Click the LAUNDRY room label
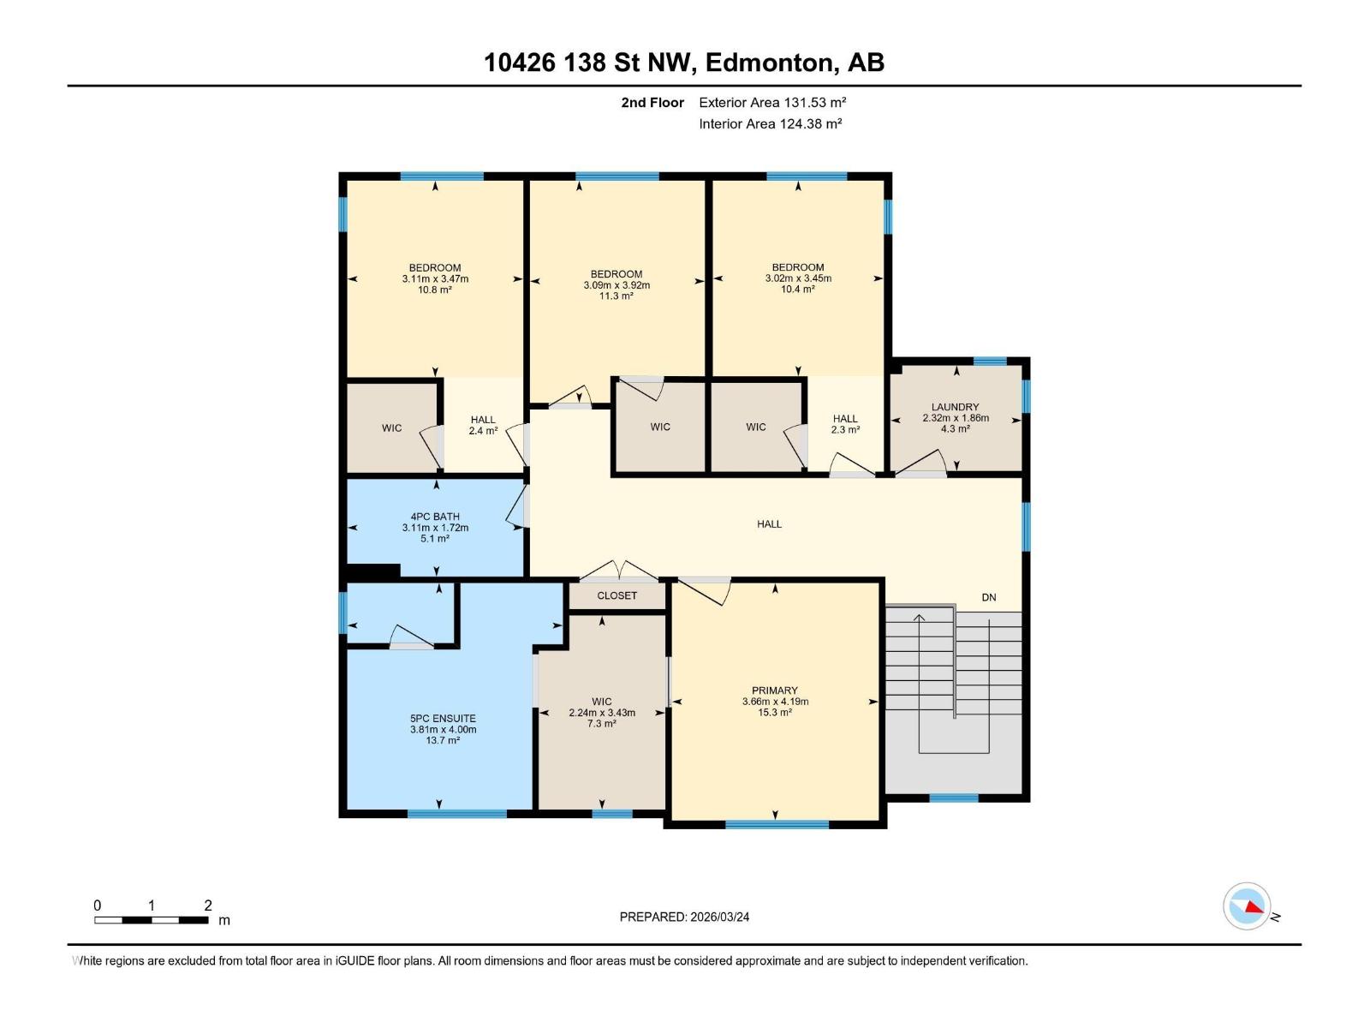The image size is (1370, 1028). pos(955,408)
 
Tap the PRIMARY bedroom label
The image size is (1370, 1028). pos(774,690)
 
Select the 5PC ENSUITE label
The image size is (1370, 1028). pos(443,719)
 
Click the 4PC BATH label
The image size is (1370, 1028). pos(435,517)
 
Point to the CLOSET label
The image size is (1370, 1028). pos(616,595)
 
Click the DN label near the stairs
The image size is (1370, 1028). pos(988,597)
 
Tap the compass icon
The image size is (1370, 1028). pos(1247,906)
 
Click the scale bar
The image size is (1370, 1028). pos(151,920)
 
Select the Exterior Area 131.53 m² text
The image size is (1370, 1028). pos(771,102)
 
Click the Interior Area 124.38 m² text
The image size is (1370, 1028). pos(770,123)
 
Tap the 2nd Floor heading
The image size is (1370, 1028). pos(652,102)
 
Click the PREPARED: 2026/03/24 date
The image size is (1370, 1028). pos(684,917)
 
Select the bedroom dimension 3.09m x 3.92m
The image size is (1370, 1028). pos(616,285)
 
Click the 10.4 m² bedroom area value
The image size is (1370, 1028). pos(797,290)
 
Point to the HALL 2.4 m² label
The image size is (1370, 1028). pos(483,426)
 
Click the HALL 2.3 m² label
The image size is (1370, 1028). pos(845,425)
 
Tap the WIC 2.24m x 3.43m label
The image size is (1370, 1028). pos(602,713)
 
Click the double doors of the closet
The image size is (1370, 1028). pos(618,571)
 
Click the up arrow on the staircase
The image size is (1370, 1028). pos(920,619)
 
